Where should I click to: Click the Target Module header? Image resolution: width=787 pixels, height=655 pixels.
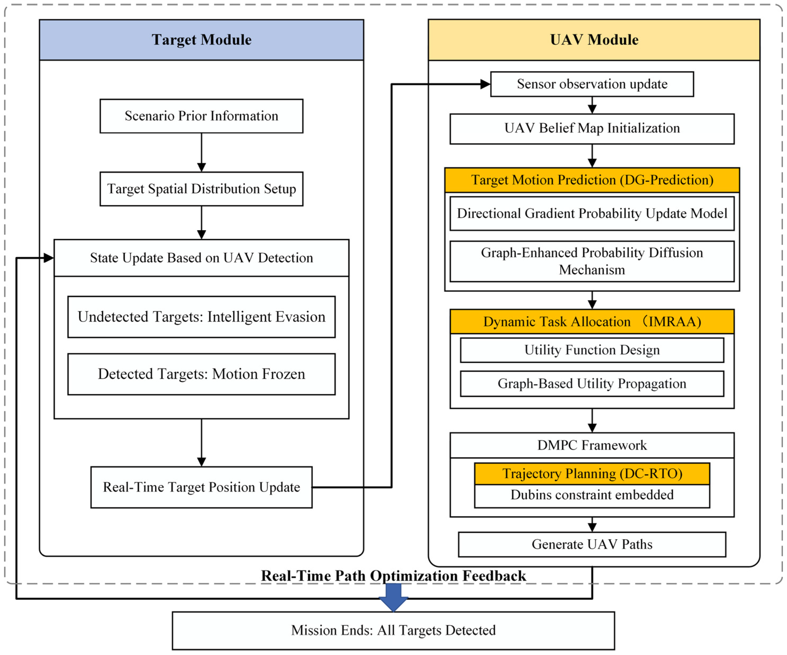[x=201, y=40]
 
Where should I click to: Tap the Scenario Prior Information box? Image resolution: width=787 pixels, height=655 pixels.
[x=201, y=116]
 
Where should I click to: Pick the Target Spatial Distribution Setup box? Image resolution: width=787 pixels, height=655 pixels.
[x=201, y=189]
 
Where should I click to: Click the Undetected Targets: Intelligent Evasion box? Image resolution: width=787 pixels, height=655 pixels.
[x=201, y=317]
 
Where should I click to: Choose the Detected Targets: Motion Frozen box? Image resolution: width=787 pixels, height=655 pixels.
[x=201, y=374]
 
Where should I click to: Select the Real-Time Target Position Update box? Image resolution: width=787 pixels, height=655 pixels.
[x=201, y=487]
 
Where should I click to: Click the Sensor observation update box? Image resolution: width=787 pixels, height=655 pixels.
[x=592, y=84]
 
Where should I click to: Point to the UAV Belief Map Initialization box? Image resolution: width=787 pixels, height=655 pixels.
[x=592, y=129]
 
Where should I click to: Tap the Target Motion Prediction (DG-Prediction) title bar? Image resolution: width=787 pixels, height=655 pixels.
[x=592, y=180]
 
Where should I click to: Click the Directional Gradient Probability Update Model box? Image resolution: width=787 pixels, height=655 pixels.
[x=592, y=214]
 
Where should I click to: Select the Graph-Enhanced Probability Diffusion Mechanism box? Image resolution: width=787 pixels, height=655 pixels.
[x=592, y=261]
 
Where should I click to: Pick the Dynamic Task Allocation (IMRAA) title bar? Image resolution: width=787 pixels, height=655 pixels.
[x=592, y=321]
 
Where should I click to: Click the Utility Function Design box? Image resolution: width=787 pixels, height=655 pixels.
[x=592, y=350]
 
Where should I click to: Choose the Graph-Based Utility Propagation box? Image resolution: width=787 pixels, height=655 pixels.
[x=592, y=384]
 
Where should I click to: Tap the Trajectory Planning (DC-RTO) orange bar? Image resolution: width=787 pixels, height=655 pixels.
[x=592, y=474]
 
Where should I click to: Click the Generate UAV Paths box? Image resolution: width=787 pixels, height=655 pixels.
[x=592, y=545]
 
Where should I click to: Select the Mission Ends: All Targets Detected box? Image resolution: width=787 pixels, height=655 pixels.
[x=394, y=631]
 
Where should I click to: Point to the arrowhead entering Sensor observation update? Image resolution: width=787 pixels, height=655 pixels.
[x=486, y=84]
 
